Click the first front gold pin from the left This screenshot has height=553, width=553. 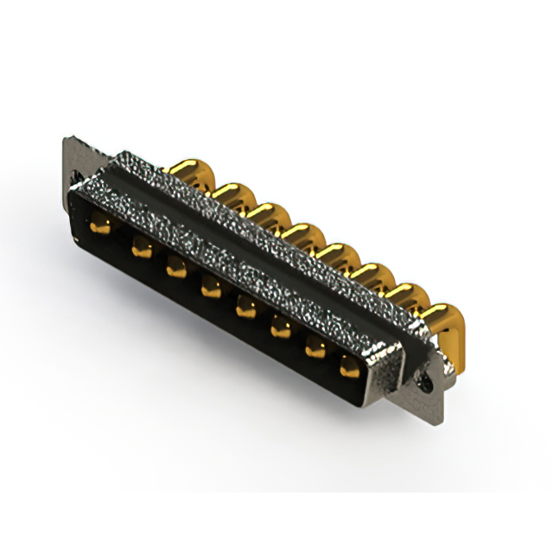100,226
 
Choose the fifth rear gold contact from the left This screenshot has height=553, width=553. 338,255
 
